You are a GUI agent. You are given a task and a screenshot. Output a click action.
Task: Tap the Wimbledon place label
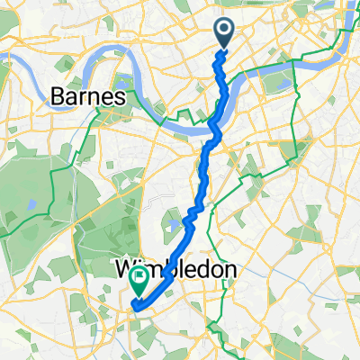click(175, 269)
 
